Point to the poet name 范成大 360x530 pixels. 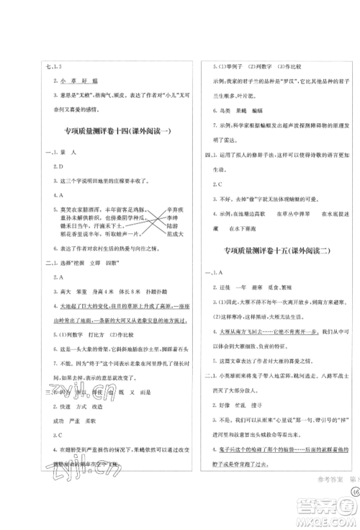176,233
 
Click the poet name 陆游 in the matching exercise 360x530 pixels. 173,223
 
